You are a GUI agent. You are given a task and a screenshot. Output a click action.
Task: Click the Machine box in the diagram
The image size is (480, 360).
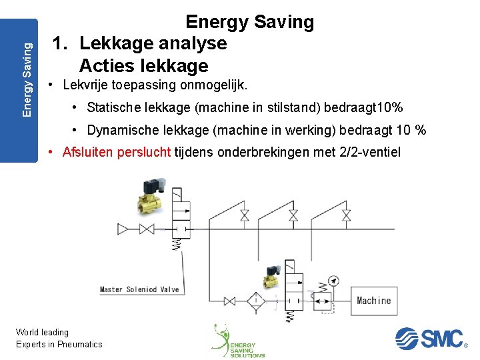(373, 300)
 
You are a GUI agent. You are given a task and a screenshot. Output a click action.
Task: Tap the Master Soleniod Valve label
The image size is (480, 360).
(139, 289)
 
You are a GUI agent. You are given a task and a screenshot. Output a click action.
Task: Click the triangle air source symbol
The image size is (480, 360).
(123, 229)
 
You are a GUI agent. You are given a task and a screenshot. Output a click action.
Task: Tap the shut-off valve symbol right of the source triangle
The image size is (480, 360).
(146, 229)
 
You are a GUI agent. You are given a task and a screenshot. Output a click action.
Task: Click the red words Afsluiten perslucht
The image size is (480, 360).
(117, 152)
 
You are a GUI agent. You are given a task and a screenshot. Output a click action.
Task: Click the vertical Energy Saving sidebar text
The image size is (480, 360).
(27, 79)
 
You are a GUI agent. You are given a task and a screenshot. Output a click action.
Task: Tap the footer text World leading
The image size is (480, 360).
(42, 332)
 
